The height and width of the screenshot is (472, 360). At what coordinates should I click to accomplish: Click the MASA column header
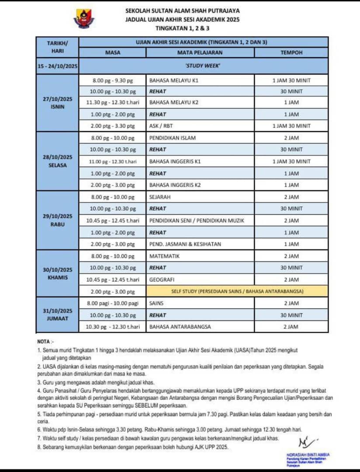pyautogui.click(x=113, y=52)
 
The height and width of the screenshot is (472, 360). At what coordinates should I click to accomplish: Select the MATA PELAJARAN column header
pyautogui.click(x=200, y=52)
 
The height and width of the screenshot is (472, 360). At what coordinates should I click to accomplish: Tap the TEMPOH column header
pyautogui.click(x=291, y=52)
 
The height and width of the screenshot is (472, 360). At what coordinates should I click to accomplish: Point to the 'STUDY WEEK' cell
pyautogui.click(x=203, y=66)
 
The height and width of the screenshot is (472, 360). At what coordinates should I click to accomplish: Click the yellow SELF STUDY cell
pyautogui.click(x=237, y=291)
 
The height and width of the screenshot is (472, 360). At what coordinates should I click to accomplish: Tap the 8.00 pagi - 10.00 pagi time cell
pyautogui.click(x=112, y=303)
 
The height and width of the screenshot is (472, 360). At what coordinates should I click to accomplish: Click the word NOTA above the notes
pyautogui.click(x=44, y=341)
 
